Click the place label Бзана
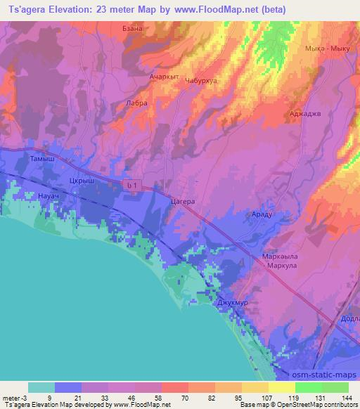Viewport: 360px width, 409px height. coord(133,48)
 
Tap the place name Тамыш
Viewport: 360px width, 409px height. coord(41,160)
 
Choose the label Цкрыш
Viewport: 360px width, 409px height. coord(82,180)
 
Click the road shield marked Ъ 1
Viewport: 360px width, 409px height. coord(130,184)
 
